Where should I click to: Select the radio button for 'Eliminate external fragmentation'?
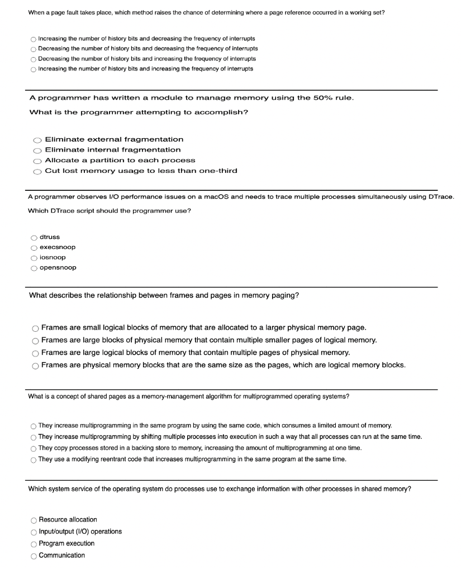pyautogui.click(x=37, y=140)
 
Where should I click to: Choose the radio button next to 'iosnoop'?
pyautogui.click(x=34, y=258)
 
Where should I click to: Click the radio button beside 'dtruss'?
pyautogui.click(x=34, y=238)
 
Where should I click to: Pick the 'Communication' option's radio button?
pyautogui.click(x=34, y=556)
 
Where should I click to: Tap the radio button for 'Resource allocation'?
pyautogui.click(x=34, y=520)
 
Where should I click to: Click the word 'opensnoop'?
pyautogui.click(x=58, y=267)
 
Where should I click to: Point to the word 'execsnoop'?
pyautogui.click(x=58, y=247)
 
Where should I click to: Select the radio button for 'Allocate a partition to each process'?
pyautogui.click(x=37, y=161)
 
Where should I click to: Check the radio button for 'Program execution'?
pyautogui.click(x=34, y=544)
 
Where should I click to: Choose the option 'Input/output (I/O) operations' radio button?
pyautogui.click(x=34, y=532)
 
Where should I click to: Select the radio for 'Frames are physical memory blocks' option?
pyautogui.click(x=35, y=366)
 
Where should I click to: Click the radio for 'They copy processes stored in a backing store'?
pyautogui.click(x=34, y=449)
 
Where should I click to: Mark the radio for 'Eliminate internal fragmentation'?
pyautogui.click(x=37, y=151)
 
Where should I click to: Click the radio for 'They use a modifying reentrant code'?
pyautogui.click(x=34, y=459)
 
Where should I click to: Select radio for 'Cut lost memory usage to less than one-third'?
pyautogui.click(x=37, y=171)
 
